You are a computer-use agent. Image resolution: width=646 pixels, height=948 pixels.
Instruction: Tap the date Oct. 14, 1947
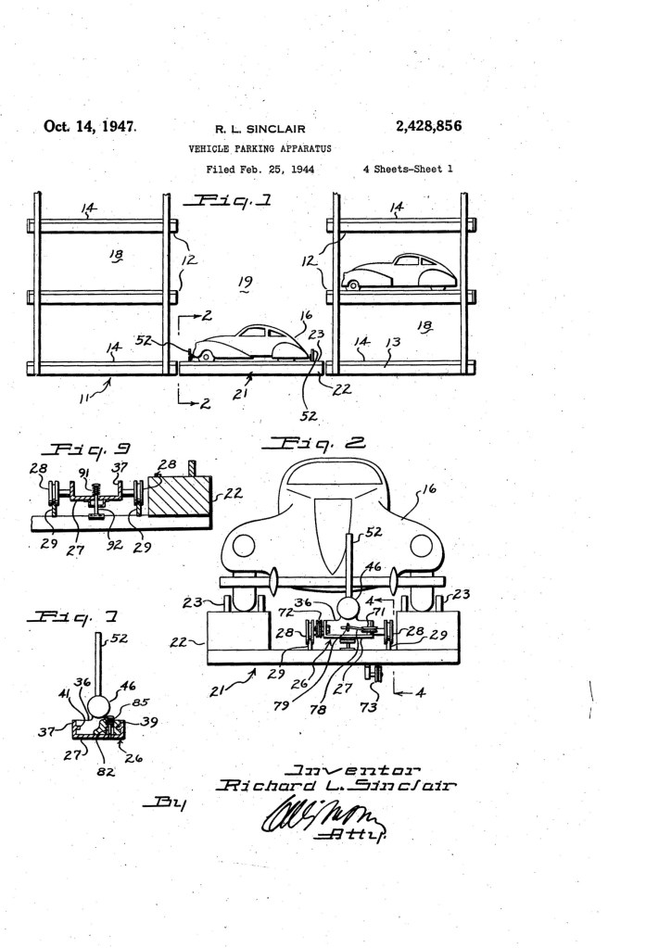[90, 127]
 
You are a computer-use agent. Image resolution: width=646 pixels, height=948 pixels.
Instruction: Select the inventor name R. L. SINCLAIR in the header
[260, 129]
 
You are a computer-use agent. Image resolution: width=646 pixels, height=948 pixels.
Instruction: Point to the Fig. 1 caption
[226, 201]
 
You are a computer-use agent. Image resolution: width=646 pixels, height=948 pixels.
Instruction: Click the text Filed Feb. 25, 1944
[260, 170]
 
